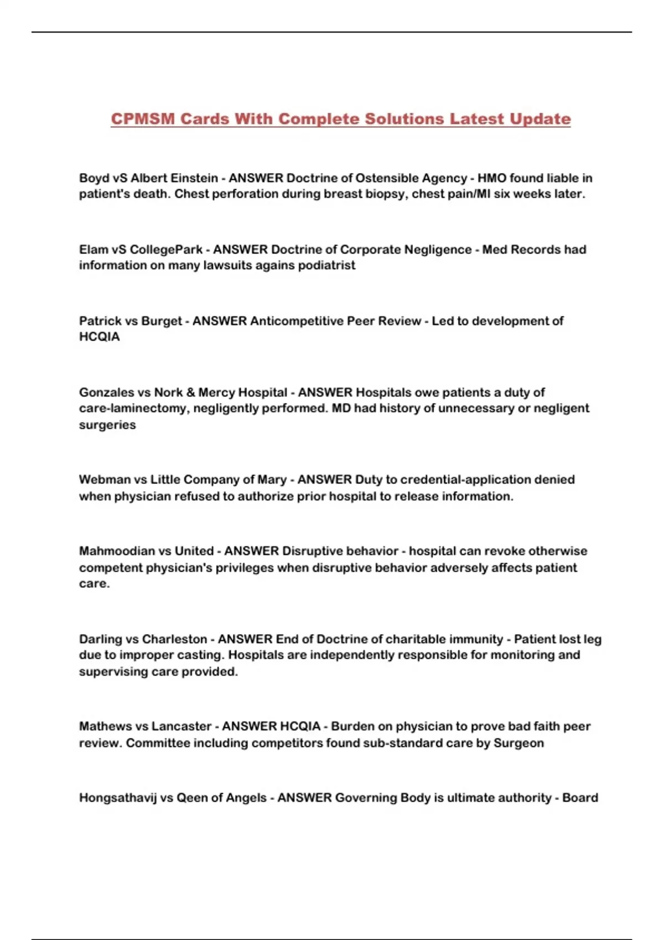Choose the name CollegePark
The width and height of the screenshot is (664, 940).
[x=166, y=249]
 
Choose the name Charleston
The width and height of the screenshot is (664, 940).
[x=174, y=639]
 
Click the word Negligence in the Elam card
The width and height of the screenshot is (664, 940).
[x=438, y=249]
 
